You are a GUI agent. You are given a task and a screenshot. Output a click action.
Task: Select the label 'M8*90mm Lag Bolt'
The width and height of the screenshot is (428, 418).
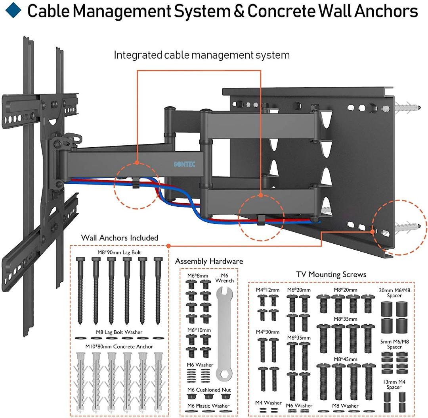click(119, 252)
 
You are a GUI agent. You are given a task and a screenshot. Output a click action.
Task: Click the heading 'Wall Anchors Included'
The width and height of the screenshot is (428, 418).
click(120, 238)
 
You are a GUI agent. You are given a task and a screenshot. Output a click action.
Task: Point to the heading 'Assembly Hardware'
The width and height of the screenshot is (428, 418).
click(209, 261)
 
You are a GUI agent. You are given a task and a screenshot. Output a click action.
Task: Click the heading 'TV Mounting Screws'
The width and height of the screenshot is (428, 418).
click(331, 274)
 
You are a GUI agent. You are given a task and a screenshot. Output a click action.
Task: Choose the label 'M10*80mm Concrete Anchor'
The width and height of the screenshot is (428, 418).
click(119, 347)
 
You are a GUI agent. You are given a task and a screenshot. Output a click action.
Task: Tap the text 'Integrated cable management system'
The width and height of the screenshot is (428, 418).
click(202, 55)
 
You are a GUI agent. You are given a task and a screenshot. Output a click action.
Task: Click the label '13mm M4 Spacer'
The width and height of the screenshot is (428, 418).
click(394, 384)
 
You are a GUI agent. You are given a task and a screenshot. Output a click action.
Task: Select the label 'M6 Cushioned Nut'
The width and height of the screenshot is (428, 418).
click(208, 390)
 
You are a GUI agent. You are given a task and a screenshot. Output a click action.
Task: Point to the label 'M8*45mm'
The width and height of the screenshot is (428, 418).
click(345, 359)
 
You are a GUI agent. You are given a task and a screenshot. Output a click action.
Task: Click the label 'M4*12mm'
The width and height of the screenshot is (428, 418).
click(267, 290)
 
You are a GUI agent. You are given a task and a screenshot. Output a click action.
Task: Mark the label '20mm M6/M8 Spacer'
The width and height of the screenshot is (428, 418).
click(394, 293)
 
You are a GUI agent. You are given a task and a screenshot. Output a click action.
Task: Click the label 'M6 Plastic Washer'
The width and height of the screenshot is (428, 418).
click(208, 405)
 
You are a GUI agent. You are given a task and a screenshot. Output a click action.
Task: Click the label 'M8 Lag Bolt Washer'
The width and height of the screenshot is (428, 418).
click(119, 332)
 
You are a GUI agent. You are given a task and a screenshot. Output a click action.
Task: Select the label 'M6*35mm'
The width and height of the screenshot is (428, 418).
click(299, 338)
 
